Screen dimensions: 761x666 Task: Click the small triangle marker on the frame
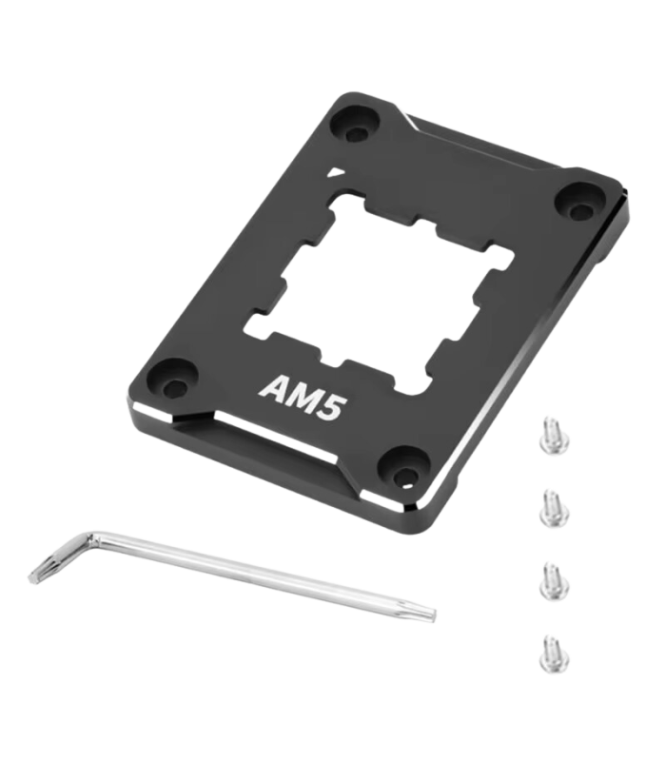point(334,172)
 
